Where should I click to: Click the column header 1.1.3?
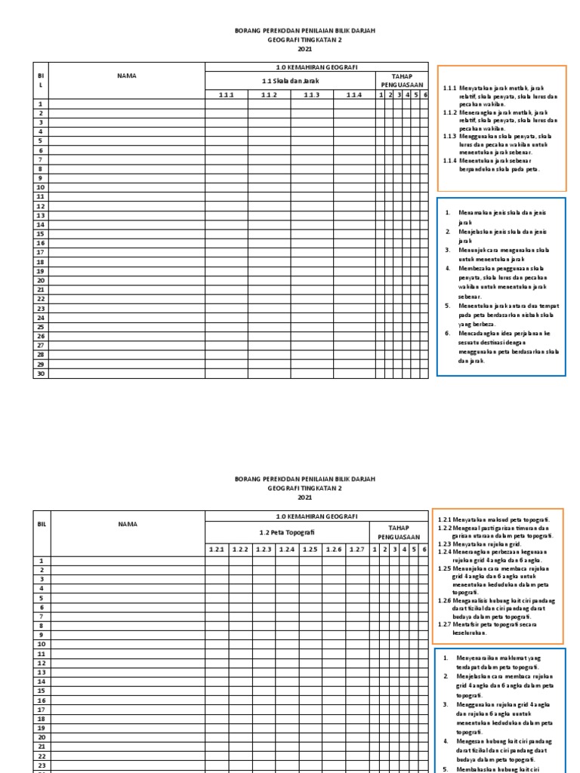click(312, 94)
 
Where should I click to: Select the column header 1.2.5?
click(310, 549)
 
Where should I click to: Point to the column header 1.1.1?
click(227, 94)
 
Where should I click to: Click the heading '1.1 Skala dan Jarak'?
click(290, 81)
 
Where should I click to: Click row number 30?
click(41, 373)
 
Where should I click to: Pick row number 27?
click(41, 345)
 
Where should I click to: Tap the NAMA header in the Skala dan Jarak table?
click(126, 76)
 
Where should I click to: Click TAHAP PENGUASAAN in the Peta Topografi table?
click(399, 532)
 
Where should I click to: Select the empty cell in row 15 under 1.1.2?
click(269, 234)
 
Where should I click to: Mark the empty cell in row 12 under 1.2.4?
click(286, 663)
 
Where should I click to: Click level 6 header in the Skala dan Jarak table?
click(425, 94)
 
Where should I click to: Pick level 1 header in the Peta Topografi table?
click(375, 549)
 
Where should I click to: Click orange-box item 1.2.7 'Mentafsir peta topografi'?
click(494, 628)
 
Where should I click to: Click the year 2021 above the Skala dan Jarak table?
click(304, 49)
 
